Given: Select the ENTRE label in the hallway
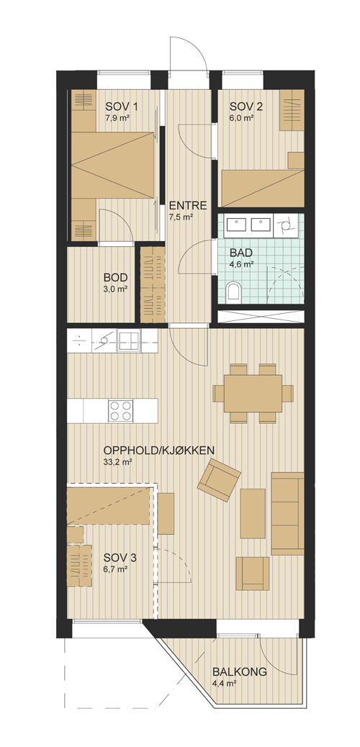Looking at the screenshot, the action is (x=188, y=206).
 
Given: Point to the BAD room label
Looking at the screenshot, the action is (x=240, y=253).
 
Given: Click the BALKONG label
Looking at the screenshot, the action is (x=239, y=672).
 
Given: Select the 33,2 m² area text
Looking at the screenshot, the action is (x=117, y=461).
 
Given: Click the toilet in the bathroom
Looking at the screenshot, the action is (x=233, y=291).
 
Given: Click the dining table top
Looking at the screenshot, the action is (x=253, y=394).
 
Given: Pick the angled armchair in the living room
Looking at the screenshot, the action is (x=220, y=480).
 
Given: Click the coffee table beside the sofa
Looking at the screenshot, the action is (x=253, y=514).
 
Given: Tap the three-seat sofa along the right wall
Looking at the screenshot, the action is (x=287, y=514).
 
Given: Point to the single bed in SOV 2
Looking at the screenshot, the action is (x=264, y=188).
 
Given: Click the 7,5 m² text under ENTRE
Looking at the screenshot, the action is (x=181, y=217).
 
